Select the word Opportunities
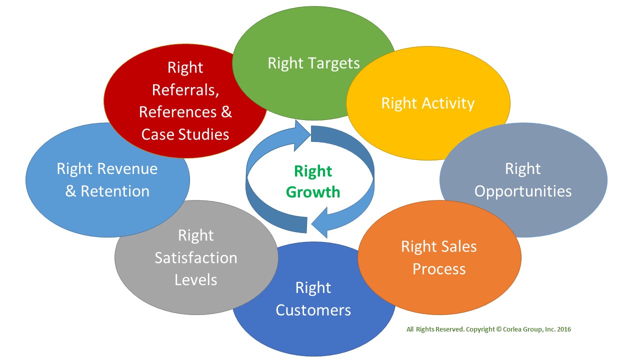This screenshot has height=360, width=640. click(523, 191)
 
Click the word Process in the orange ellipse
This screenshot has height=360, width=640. click(439, 269)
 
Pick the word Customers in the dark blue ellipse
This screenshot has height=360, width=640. click(313, 310)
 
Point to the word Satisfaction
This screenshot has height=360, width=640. click(196, 257)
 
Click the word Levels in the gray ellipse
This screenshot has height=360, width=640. click(196, 279)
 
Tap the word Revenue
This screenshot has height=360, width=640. click(127, 168)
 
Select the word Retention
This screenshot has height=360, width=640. click(115, 191)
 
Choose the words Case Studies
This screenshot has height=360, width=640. click(185, 134)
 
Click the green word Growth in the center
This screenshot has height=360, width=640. click(313, 192)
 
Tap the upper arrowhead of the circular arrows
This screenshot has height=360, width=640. click(302, 135)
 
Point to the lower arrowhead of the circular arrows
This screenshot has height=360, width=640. click(319, 223)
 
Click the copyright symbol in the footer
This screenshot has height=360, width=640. click(499, 329)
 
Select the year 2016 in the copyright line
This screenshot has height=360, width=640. click(564, 329)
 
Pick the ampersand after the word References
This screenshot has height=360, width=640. click(226, 112)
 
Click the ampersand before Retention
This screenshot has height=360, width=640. click(70, 191)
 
